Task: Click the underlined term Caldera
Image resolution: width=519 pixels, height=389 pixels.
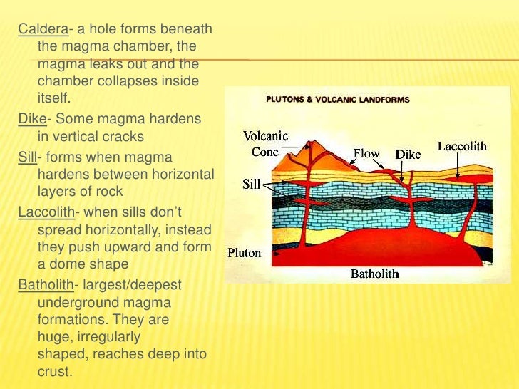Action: (x=38, y=29)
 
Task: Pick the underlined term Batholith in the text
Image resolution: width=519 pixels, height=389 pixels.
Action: (x=45, y=285)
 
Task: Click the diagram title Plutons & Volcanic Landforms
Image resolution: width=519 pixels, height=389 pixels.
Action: (x=338, y=100)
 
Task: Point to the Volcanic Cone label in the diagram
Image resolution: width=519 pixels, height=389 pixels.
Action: (x=265, y=144)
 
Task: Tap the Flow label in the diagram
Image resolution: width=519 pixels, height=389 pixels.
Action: (x=367, y=153)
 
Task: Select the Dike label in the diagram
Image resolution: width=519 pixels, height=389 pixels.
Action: (x=408, y=155)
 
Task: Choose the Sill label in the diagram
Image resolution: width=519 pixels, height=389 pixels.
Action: (x=251, y=184)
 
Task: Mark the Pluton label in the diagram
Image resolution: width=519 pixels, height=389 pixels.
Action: (x=244, y=252)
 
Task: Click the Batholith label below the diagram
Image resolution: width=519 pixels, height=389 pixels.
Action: (x=374, y=274)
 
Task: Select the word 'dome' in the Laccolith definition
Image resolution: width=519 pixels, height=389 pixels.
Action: (x=66, y=264)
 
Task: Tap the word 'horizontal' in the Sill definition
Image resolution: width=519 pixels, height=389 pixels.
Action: (x=180, y=174)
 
